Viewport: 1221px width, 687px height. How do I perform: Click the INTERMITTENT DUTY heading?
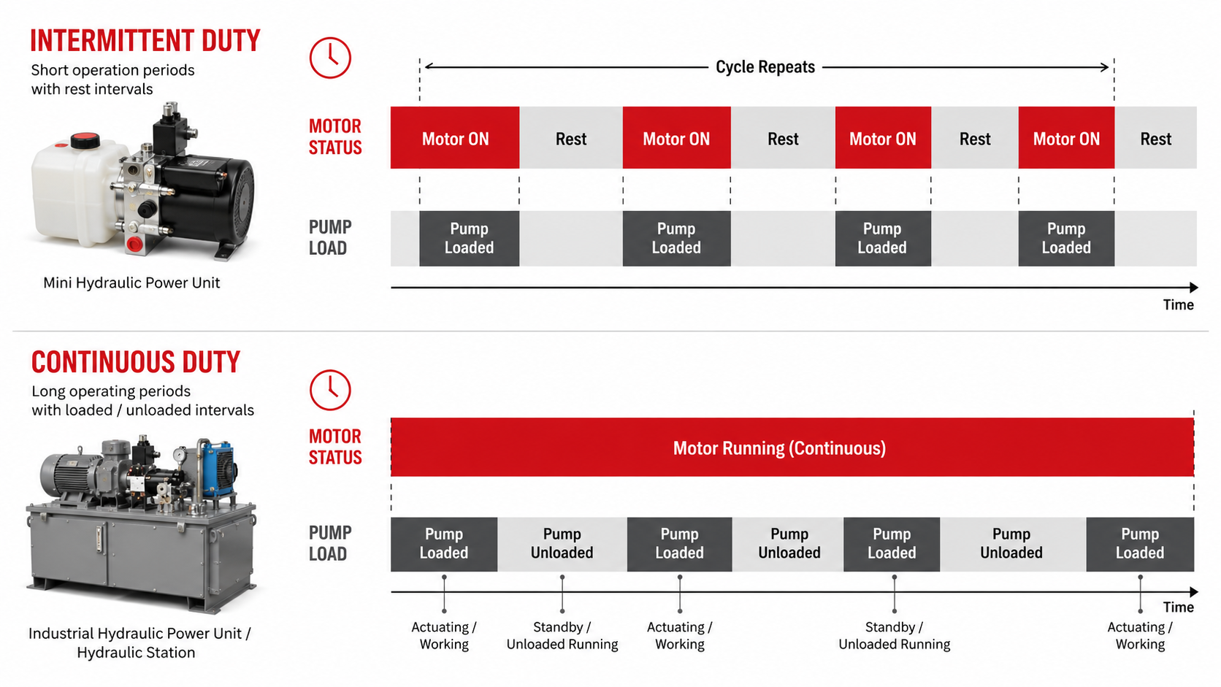(145, 41)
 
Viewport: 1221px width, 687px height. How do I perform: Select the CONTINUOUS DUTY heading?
(136, 362)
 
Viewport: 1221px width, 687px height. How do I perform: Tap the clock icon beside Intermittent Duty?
(330, 58)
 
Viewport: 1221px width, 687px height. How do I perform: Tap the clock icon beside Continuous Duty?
(330, 390)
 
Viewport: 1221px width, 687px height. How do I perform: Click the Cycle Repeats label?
(765, 67)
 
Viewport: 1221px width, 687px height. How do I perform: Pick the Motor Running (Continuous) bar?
(792, 448)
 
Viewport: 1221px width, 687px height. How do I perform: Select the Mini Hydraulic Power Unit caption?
(131, 283)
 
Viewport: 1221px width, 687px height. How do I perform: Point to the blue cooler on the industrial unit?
(218, 469)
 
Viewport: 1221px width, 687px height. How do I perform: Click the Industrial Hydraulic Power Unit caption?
(139, 643)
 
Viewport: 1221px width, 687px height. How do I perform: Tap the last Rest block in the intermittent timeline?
(1155, 138)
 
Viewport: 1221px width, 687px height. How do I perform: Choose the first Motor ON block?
(455, 138)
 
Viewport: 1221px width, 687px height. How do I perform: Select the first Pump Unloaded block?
(562, 544)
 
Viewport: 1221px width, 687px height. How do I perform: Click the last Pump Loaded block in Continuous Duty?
(1140, 544)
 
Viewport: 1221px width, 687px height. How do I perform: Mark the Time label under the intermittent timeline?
(1178, 305)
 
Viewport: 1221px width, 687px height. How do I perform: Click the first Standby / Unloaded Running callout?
(562, 636)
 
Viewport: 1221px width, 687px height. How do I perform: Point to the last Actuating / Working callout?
(1140, 636)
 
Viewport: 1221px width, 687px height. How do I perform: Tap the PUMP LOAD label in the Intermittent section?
(330, 237)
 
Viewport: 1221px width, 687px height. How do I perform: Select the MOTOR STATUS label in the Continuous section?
(335, 447)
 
